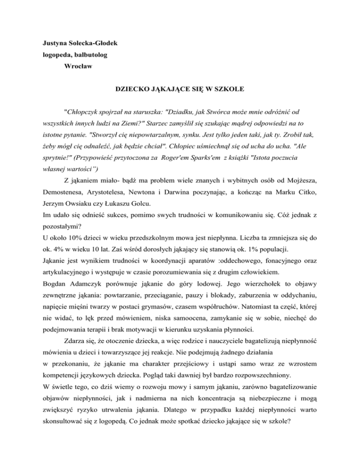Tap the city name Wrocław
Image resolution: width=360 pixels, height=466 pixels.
click(x=79, y=66)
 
